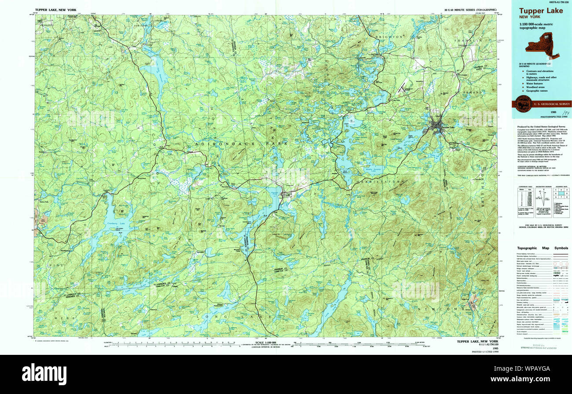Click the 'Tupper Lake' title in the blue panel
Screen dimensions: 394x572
pyautogui.click(x=540, y=11)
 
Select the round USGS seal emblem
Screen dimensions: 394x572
pyautogui.click(x=523, y=104)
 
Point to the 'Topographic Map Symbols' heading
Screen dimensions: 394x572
pyautogui.click(x=542, y=248)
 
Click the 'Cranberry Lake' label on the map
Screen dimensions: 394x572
pyautogui.click(x=116, y=223)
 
